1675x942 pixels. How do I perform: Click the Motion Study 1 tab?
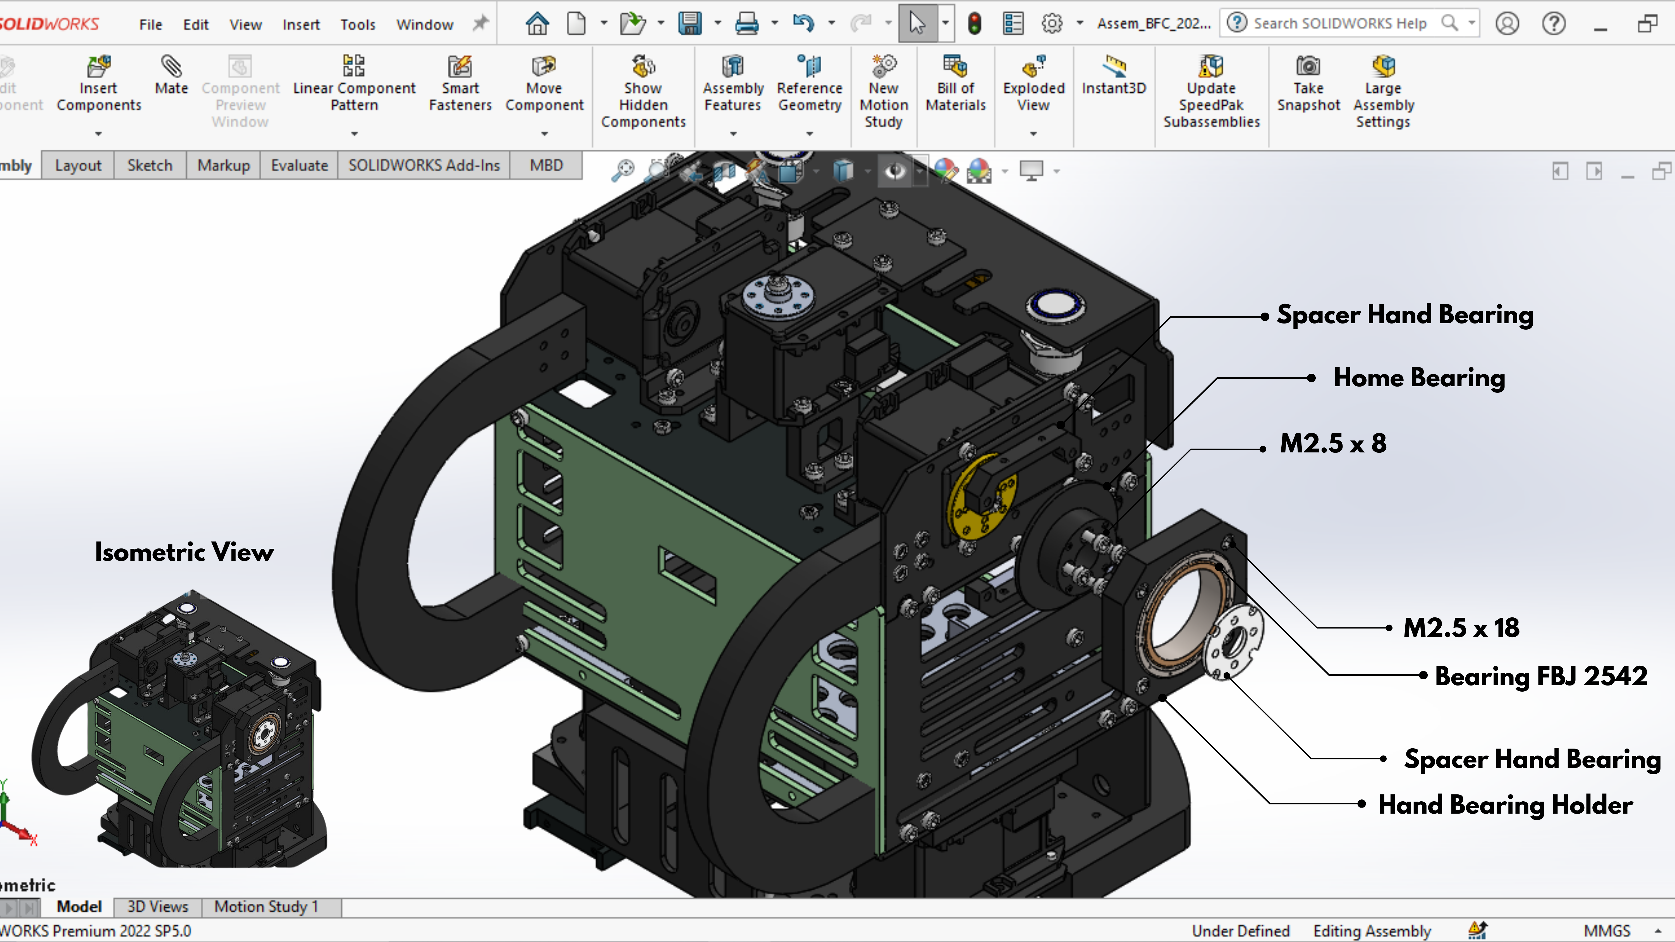[267, 906]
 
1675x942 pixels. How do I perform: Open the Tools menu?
[358, 25]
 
